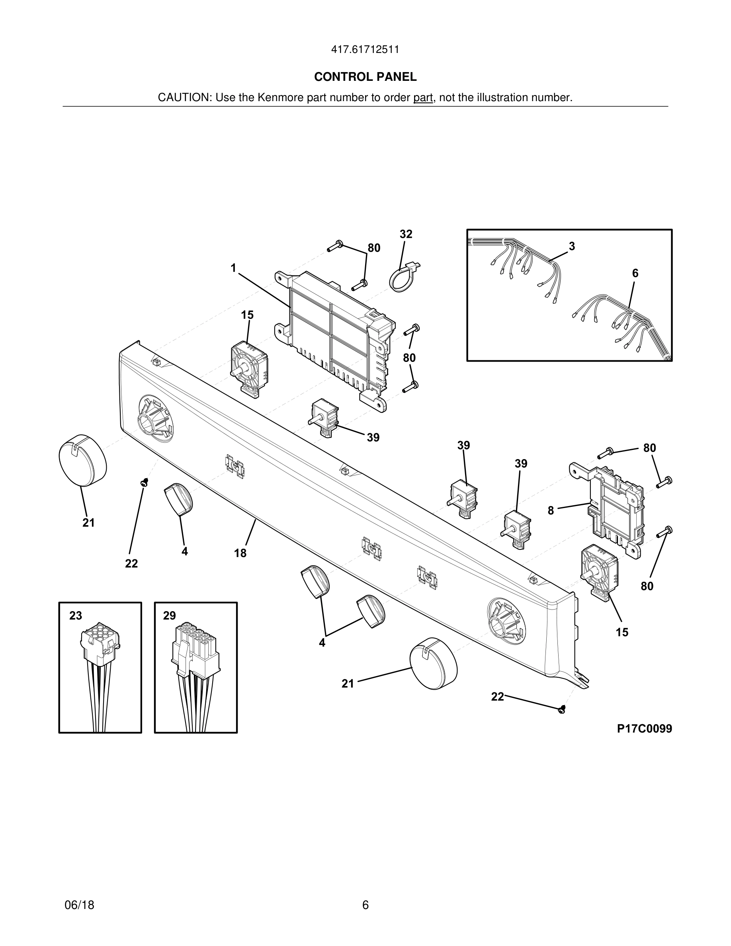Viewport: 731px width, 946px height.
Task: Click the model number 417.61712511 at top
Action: (365, 50)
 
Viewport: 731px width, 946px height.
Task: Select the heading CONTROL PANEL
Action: (365, 77)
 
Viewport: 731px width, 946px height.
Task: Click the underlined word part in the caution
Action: (423, 98)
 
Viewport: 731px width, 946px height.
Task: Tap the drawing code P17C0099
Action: (644, 729)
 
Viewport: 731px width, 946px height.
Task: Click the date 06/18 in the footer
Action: (79, 905)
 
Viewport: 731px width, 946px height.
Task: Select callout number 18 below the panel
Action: (240, 553)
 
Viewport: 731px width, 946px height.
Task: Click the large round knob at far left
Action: (83, 460)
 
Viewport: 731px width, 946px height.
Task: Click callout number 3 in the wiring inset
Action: (572, 246)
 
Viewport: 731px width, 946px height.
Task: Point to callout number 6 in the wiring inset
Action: (635, 273)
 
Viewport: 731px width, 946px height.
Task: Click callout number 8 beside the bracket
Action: (550, 511)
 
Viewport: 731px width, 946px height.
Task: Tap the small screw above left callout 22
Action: (145, 483)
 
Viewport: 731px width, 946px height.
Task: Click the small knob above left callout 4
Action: (178, 499)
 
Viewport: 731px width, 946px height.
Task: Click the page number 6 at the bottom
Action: (365, 905)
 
